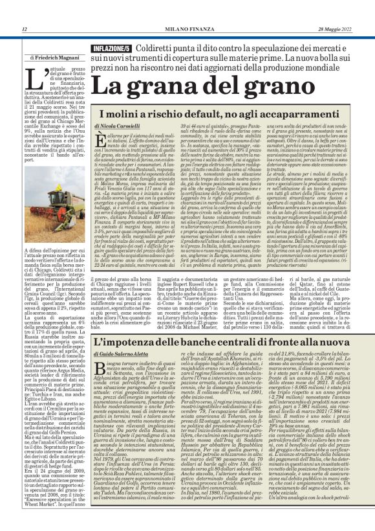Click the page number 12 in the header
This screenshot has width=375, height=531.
(x=24, y=29)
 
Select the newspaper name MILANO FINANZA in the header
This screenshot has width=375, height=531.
(x=187, y=29)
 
